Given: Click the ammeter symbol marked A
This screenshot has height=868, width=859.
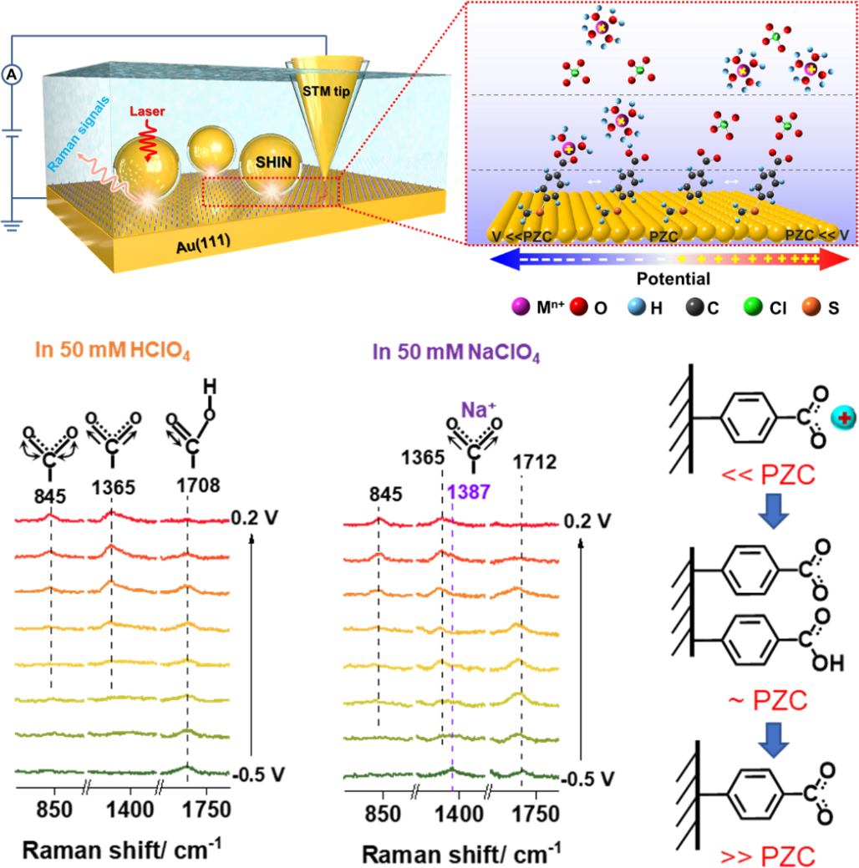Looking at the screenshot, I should [x=12, y=75].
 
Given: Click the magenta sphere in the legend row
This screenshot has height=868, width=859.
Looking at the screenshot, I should [x=521, y=307].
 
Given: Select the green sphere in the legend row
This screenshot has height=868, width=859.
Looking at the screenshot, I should [x=753, y=307].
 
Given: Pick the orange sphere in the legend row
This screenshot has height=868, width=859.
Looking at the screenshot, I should [x=811, y=307].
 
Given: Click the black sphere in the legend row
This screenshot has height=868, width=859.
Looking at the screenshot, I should [x=694, y=307].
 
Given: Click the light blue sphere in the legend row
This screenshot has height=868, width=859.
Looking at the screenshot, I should [x=637, y=307].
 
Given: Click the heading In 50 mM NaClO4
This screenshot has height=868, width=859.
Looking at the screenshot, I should [x=456, y=353].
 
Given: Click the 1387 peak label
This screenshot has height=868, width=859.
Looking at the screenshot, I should [x=468, y=491].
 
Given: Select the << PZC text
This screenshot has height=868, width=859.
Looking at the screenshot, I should [x=768, y=476].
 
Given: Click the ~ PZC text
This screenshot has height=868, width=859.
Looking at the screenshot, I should [x=768, y=701].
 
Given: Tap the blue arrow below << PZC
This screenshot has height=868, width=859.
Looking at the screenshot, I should [x=773, y=512].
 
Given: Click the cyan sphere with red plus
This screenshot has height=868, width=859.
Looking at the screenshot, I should [x=843, y=418].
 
